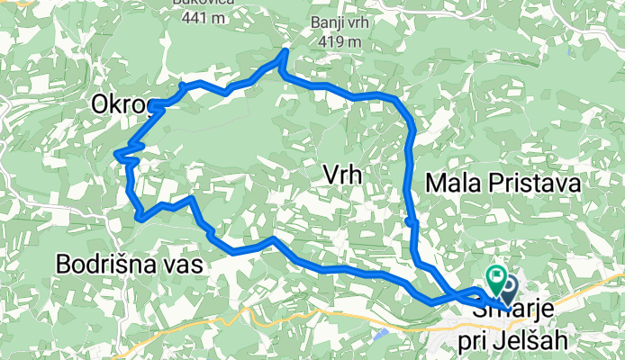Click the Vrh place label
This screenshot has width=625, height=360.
341,176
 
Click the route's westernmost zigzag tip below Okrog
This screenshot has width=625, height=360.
117,155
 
